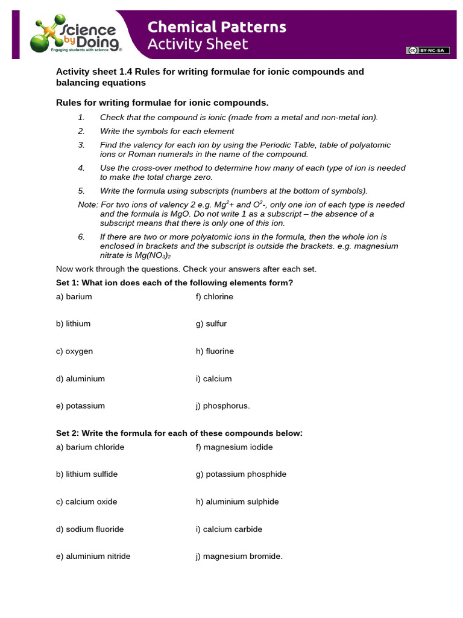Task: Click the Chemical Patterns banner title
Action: point(217,27)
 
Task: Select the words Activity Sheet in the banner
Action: point(198,44)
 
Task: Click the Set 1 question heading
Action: point(175,282)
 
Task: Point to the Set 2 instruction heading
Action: point(179,433)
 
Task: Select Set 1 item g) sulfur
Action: point(211,323)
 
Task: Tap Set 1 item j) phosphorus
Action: point(222,406)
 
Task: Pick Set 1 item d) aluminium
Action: point(80,378)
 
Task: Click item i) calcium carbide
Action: point(229,529)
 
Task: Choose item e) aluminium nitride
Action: point(93,556)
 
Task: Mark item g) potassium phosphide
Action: point(241,474)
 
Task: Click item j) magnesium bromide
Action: point(239,556)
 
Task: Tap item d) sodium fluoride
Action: point(90,529)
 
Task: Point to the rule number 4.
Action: point(81,168)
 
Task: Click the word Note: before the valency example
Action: point(88,205)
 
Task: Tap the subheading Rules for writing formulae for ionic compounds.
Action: point(162,103)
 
